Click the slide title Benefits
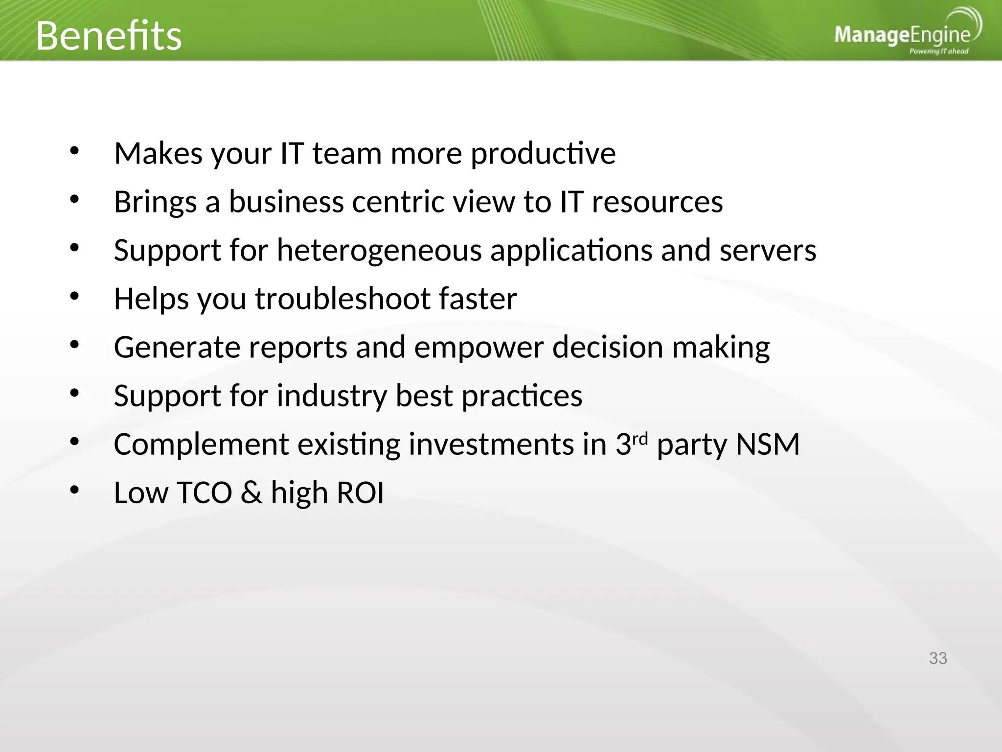pyautogui.click(x=109, y=36)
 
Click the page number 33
pyautogui.click(x=938, y=658)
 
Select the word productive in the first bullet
pyautogui.click(x=543, y=154)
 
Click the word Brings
pyautogui.click(x=155, y=202)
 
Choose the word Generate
pyautogui.click(x=177, y=347)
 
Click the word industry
pyautogui.click(x=332, y=396)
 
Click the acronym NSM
pyautogui.click(x=768, y=445)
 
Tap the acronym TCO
pyautogui.click(x=204, y=493)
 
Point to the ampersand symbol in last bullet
pyautogui.click(x=251, y=493)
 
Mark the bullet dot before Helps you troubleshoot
pyautogui.click(x=74, y=296)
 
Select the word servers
pyautogui.click(x=768, y=251)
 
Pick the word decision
pyautogui.click(x=607, y=347)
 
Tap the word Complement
pyautogui.click(x=201, y=445)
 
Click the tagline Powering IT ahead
pyautogui.click(x=938, y=51)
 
